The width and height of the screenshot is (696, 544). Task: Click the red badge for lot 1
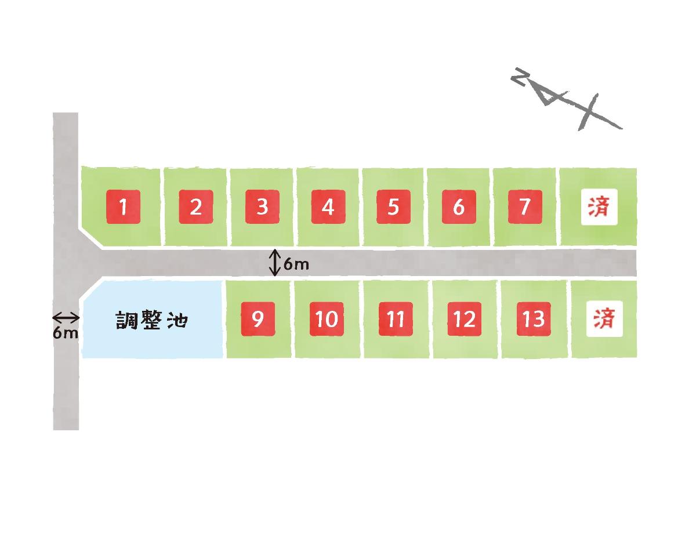(x=123, y=206)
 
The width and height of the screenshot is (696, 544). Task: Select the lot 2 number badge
(x=196, y=206)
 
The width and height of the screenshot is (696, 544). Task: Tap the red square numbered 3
(x=262, y=206)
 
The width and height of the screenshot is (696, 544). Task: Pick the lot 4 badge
(x=328, y=206)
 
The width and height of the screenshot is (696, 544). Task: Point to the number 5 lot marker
(x=393, y=206)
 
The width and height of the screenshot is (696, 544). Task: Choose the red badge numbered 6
(x=459, y=206)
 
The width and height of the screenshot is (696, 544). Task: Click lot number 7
(x=525, y=206)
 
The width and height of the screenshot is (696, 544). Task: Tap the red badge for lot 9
(x=258, y=319)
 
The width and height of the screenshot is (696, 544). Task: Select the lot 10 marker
(x=327, y=319)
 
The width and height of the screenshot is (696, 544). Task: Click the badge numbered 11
(x=396, y=319)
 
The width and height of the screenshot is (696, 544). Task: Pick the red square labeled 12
(x=465, y=319)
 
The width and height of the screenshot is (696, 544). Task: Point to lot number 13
(x=534, y=319)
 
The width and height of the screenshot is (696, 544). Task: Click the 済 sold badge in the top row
(x=599, y=207)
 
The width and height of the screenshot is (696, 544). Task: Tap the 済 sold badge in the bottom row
(x=604, y=319)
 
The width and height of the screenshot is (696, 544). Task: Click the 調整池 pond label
(x=152, y=320)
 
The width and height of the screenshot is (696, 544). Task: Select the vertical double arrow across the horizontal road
(x=275, y=263)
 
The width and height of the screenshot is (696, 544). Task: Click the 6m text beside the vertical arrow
(x=296, y=265)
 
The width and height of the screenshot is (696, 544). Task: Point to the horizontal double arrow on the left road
(x=66, y=317)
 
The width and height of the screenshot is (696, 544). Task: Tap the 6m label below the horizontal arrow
(x=65, y=333)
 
